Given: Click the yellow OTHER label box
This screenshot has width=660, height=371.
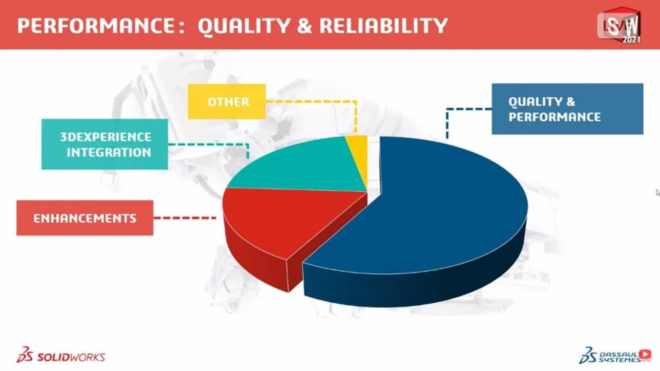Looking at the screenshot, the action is click(227, 101).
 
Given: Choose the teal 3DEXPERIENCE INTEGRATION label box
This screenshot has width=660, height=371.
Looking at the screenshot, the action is click(105, 144).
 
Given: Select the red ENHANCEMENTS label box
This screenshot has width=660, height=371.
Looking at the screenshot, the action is click(85, 218).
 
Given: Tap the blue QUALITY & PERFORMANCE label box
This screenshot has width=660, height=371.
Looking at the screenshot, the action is click(568, 109).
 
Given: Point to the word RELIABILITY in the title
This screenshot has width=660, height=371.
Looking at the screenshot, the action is click(384, 26).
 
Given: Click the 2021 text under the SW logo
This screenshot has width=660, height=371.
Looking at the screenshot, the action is click(631, 40).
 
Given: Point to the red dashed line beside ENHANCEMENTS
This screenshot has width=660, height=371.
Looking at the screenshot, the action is click(185, 218).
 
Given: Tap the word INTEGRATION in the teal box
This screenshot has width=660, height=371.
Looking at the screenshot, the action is click(109, 153).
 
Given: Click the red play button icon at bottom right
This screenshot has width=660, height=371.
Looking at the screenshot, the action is click(646, 354).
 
